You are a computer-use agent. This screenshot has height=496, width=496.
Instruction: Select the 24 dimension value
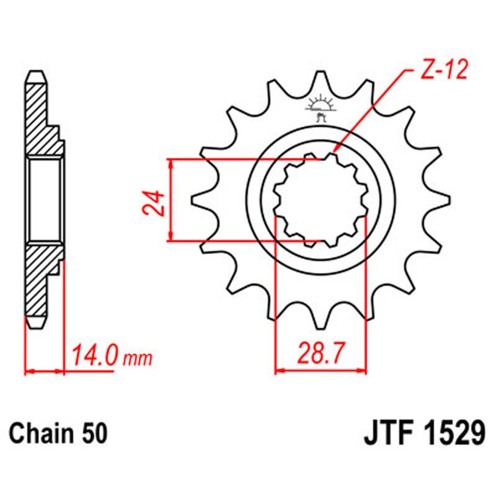(156, 202)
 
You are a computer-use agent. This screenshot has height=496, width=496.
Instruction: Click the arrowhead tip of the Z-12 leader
(333, 151)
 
